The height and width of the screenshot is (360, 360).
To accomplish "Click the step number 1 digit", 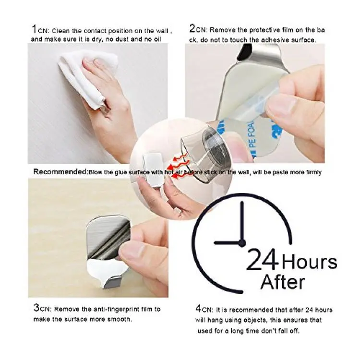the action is (34, 29).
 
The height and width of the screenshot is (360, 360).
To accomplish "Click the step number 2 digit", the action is (192, 28).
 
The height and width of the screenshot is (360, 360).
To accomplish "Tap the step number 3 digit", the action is (36, 308).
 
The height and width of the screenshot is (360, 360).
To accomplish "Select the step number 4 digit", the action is (198, 308).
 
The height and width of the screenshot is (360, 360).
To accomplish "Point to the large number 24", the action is (262, 259).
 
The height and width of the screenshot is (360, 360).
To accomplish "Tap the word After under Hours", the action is (283, 281).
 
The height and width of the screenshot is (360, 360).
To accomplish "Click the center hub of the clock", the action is (242, 243).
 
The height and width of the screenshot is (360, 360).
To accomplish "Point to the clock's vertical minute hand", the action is (242, 222).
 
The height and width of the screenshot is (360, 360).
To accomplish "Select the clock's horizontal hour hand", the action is (228, 243).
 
